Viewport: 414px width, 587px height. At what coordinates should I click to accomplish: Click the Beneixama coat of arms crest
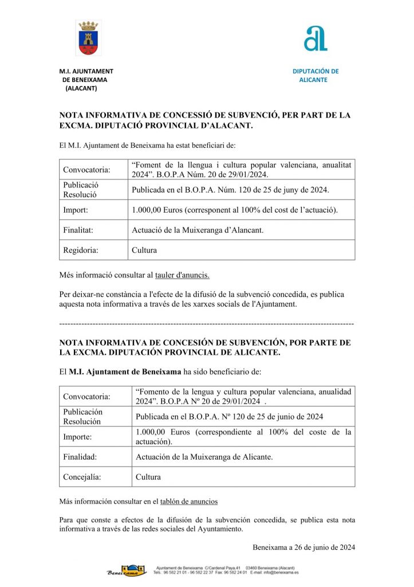pos(88,38)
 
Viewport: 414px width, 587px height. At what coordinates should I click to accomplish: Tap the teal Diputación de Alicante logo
pos(316,38)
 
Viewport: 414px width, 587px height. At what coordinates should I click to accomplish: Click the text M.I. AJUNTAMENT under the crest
pos(86,71)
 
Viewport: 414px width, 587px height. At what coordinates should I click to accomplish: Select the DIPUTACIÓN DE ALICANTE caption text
pos(315,76)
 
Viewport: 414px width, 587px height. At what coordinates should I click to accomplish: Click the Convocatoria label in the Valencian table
pos(86,170)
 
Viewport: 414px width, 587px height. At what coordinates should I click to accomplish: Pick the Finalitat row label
pos(78,230)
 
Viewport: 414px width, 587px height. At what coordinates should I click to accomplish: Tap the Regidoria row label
pos(81,250)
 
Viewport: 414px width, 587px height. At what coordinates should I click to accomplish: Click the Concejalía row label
pos(83,477)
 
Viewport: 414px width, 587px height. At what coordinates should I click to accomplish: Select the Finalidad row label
pos(80,457)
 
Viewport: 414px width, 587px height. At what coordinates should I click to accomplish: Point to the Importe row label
pos(79,437)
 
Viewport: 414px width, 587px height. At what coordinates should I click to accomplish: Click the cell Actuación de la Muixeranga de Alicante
pos(204,457)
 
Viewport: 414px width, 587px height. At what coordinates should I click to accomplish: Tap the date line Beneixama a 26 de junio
pos(303,547)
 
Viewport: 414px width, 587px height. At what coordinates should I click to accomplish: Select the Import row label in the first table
pos(76,210)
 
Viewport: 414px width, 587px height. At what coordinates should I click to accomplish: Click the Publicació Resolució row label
pos(81,190)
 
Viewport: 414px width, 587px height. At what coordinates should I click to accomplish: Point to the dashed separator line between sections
pos(207,324)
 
